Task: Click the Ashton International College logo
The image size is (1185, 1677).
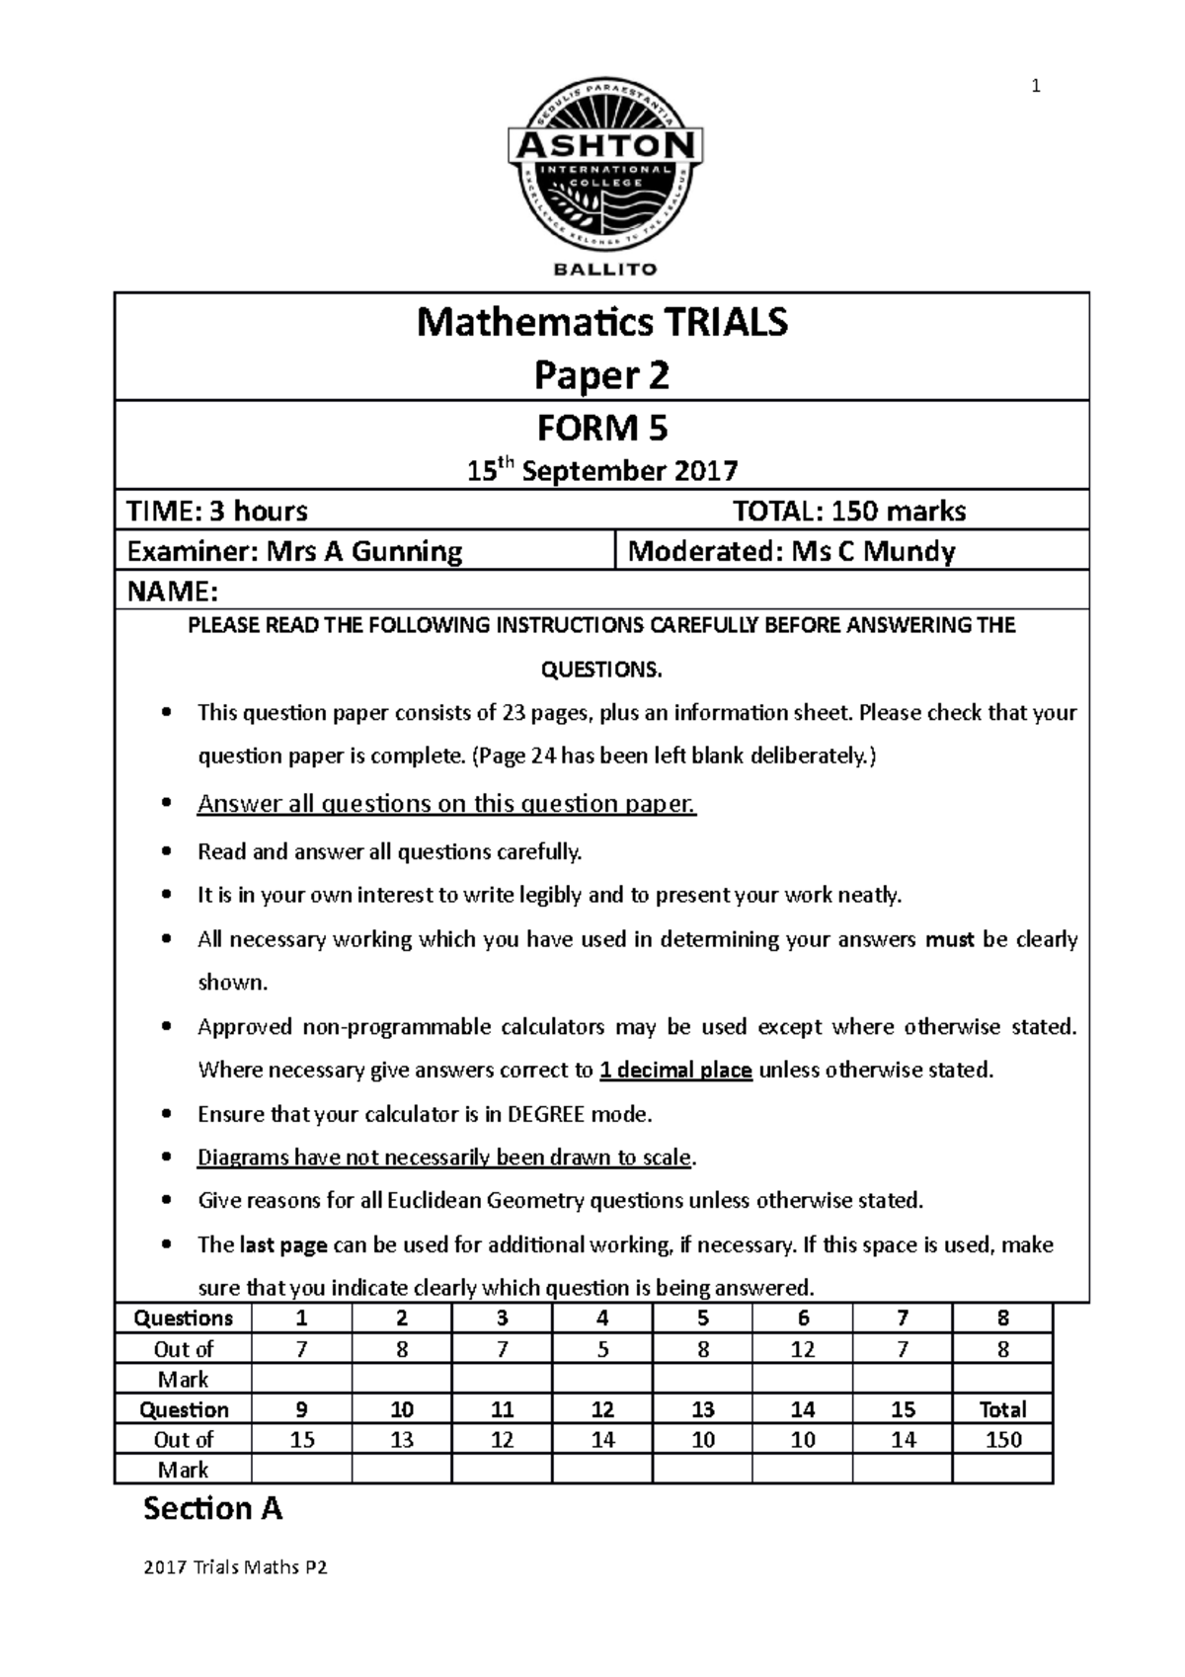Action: coord(604,167)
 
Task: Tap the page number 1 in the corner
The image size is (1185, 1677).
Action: coord(1035,87)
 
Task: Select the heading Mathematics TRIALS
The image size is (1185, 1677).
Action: coord(602,322)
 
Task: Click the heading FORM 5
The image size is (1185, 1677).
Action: coord(602,429)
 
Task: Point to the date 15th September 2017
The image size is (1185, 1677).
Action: coord(602,470)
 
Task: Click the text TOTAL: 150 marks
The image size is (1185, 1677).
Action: coord(848,511)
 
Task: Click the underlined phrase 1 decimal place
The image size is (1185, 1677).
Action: coord(676,1071)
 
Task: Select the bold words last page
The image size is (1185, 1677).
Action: coord(283,1245)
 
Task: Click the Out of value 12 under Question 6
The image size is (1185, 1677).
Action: coord(803,1349)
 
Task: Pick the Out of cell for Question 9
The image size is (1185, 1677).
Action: coord(302,1440)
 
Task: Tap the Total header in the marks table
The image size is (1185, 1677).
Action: coord(1002,1409)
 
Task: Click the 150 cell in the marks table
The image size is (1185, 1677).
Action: coord(1002,1440)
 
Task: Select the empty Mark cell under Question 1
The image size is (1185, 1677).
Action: coord(302,1379)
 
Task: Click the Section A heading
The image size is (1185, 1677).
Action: coord(212,1509)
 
